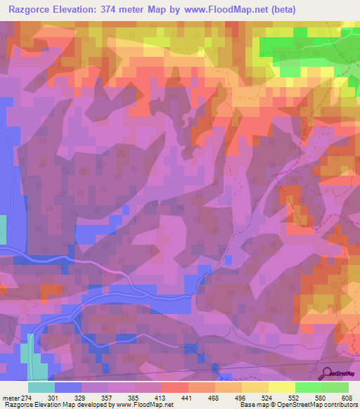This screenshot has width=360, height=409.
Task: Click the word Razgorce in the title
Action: point(32,10)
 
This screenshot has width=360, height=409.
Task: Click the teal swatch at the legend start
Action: point(41,387)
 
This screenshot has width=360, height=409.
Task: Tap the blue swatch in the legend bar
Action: point(68,387)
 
